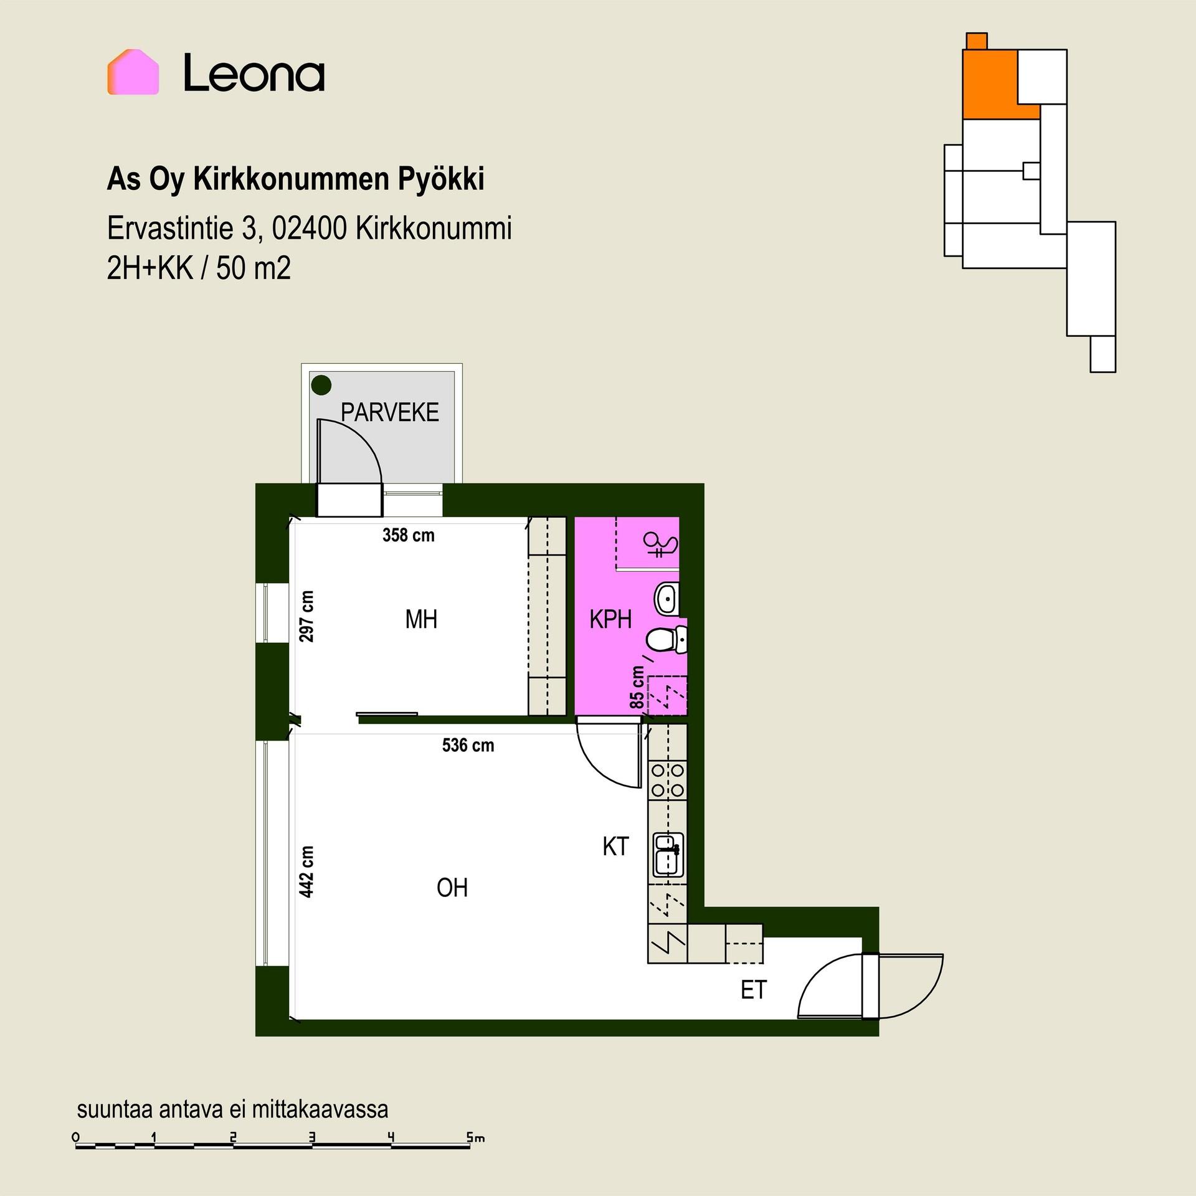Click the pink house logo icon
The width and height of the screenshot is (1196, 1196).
[x=133, y=72]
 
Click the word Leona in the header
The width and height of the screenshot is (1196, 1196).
[x=254, y=73]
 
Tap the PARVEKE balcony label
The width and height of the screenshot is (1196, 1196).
[x=390, y=412]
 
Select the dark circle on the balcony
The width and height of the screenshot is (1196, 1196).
[x=321, y=386]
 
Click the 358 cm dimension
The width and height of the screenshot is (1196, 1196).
[x=409, y=535]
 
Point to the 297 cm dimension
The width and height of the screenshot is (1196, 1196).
[x=306, y=616]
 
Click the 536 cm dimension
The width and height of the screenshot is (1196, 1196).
[x=468, y=745]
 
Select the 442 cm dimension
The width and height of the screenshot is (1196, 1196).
[x=306, y=872]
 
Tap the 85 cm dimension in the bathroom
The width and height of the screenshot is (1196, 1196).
[x=637, y=687]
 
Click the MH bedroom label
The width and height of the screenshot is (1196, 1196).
[x=421, y=620]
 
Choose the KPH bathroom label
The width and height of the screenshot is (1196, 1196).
[x=610, y=620]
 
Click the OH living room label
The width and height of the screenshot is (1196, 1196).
[x=452, y=888]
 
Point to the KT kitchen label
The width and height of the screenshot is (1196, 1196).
[x=616, y=847]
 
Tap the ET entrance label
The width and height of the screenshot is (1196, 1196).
[x=754, y=990]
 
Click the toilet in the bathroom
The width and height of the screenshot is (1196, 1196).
[x=666, y=640]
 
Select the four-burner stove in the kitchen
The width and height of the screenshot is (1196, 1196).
[x=668, y=781]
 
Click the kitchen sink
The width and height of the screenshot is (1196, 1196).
[x=668, y=855]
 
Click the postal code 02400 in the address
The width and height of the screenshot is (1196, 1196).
[x=309, y=229]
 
